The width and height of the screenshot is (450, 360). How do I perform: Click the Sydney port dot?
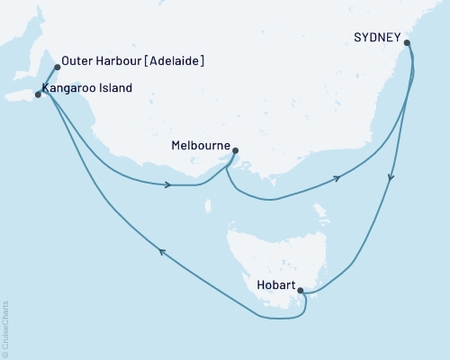point(407,42)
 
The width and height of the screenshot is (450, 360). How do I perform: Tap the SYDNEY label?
point(377,38)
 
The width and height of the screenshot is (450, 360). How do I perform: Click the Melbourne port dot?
point(236,151)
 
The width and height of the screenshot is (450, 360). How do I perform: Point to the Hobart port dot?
point(301,291)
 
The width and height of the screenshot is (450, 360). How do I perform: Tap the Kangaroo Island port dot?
point(37,94)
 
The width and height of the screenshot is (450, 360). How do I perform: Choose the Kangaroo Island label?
point(87,88)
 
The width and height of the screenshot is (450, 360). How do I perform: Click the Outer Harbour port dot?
point(57,67)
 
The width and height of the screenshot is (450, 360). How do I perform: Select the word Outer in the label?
point(78,62)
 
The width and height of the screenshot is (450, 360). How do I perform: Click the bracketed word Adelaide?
point(176,62)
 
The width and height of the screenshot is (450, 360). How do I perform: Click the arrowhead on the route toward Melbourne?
point(168,185)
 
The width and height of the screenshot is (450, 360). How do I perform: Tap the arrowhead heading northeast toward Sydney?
point(337,178)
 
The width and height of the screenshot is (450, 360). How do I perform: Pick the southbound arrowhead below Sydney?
point(391,179)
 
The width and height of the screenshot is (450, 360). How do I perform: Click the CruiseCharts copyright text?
point(6,328)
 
